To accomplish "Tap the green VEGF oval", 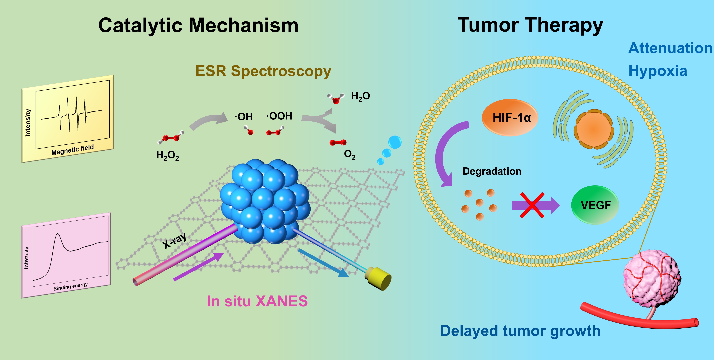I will pos(595,205).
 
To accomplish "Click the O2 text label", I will pos(349,154).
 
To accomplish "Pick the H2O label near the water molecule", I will pos(360,96).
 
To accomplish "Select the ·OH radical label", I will pos(244,117).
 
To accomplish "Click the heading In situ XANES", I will pos(257,301).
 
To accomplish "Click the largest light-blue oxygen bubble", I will pos(395,142).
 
